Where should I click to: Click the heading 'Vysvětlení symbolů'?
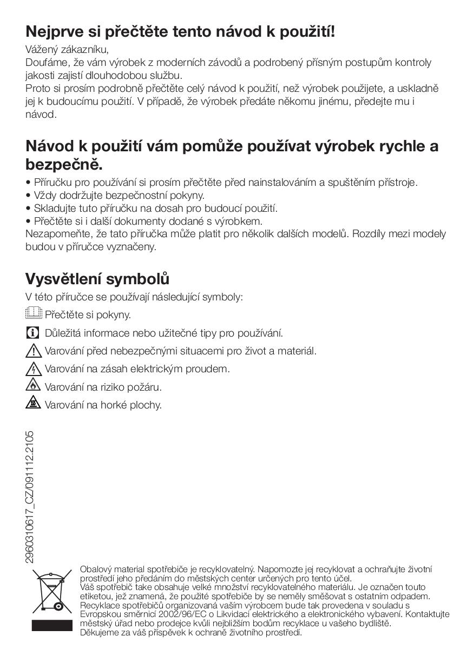(97, 279)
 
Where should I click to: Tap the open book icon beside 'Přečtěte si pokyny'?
(34, 313)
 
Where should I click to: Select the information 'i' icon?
(33, 332)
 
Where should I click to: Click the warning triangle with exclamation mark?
(34, 351)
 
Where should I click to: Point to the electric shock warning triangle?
(34, 369)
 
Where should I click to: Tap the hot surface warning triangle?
(33, 403)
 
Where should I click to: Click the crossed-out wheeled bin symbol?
(51, 591)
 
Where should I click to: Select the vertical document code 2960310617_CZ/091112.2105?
(30, 497)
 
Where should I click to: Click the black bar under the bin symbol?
(51, 626)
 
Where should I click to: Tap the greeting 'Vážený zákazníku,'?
(67, 49)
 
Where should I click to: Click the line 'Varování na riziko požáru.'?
(103, 387)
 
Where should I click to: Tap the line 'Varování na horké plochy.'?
(103, 405)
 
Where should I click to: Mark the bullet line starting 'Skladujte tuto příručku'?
(152, 208)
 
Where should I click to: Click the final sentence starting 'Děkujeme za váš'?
(190, 632)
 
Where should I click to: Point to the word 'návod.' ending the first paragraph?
(41, 115)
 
